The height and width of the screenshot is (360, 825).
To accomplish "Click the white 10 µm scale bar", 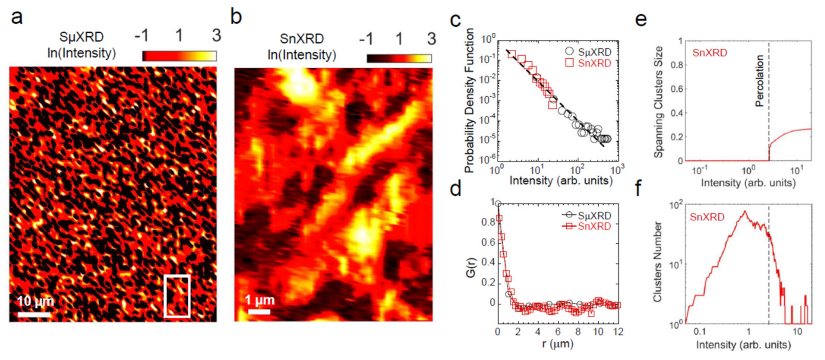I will coord(34,315).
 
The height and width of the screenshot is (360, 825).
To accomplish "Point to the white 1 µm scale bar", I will coord(259,311).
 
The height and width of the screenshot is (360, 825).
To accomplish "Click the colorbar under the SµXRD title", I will coord(179,56).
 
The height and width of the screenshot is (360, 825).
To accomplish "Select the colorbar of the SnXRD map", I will coord(399,58).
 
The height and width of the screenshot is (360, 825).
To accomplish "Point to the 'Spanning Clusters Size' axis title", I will coord(658,102).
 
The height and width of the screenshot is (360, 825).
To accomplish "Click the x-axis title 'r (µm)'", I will coord(558,344).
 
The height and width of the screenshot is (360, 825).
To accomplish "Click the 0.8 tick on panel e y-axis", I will coord(676,65).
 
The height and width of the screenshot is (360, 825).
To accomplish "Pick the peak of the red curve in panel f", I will coord(745,211).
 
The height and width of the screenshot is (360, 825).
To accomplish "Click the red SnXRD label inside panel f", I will coord(707,217).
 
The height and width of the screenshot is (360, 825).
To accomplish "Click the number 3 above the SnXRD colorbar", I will coord(432,39).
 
